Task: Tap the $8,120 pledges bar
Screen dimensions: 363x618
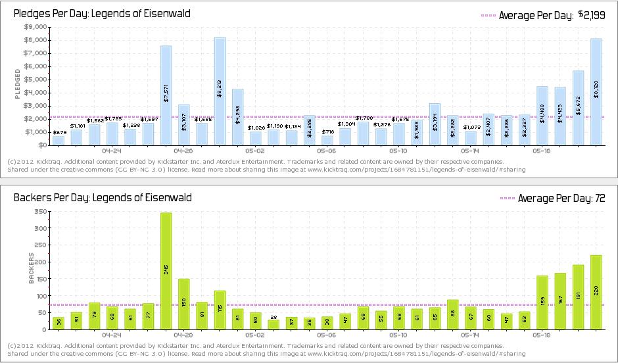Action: [x=596, y=91]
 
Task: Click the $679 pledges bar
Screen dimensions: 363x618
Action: [x=59, y=141]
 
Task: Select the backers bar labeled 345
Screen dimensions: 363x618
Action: [x=166, y=270]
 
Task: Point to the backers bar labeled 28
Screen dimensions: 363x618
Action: [x=273, y=324]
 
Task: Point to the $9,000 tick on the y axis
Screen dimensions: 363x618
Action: [x=36, y=27]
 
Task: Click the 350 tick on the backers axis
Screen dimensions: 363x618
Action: [x=40, y=212]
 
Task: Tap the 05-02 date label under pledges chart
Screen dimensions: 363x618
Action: [x=255, y=151]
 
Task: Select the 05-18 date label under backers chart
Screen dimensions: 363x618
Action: [x=541, y=334]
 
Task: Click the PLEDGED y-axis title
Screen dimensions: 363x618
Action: [x=18, y=86]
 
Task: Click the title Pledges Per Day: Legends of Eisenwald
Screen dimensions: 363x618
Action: [x=102, y=12]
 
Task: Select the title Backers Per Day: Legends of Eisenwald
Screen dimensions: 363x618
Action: [x=103, y=197]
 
